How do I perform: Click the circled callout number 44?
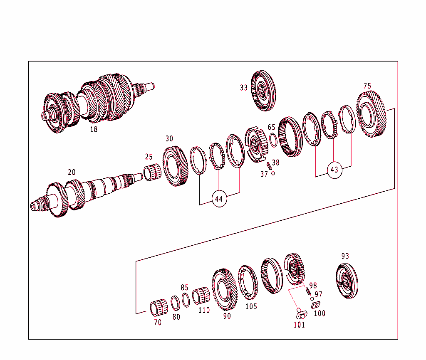tap(219, 199)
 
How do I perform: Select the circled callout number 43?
tap(334, 170)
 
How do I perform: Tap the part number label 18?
tap(94, 129)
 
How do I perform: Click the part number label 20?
tap(72, 172)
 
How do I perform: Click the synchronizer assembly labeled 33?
tap(264, 91)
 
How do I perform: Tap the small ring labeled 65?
tap(273, 140)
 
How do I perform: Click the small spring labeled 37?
tap(269, 166)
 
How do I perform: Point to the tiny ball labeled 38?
tap(273, 173)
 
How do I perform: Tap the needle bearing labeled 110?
tap(201, 296)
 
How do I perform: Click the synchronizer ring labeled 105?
tap(248, 283)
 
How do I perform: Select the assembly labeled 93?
tap(347, 281)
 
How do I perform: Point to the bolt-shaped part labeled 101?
tap(299, 313)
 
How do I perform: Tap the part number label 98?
tap(313, 286)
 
